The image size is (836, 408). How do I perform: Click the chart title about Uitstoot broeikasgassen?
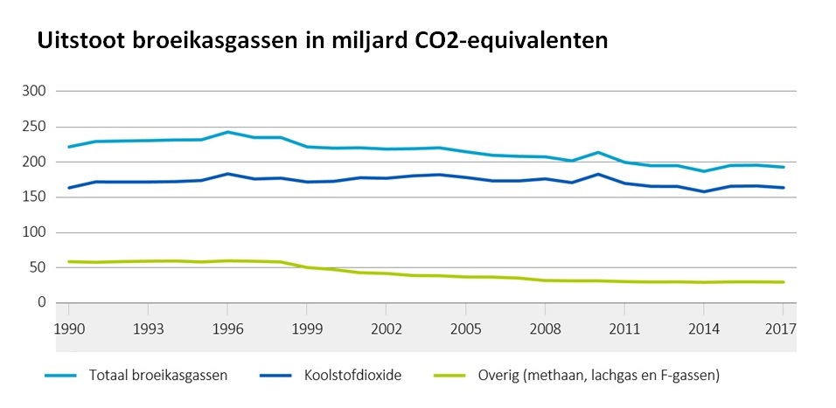point(321,41)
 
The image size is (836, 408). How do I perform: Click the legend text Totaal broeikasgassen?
point(159,376)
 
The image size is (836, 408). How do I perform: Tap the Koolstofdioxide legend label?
point(352,376)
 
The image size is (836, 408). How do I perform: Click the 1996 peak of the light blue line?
point(226,132)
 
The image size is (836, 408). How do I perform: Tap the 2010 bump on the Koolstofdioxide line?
point(598,174)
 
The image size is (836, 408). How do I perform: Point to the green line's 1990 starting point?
point(68,261)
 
